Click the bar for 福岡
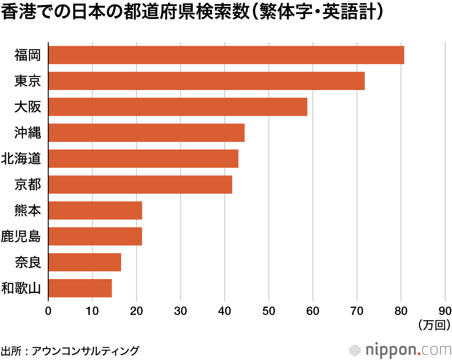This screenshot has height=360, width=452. pyautogui.click(x=226, y=55)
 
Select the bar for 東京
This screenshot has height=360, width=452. pyautogui.click(x=206, y=81)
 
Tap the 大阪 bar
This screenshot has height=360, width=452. pyautogui.click(x=178, y=107)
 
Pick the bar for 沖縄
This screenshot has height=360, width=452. pyautogui.click(x=146, y=133)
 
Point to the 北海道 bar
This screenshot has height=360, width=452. pyautogui.click(x=143, y=159)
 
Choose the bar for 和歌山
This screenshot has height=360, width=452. pyautogui.click(x=80, y=288)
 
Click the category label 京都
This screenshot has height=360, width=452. pyautogui.click(x=28, y=185)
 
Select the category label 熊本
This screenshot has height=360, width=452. pyautogui.click(x=28, y=210)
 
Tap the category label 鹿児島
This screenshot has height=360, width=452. pyautogui.click(x=21, y=237)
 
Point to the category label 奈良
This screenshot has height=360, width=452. pyautogui.click(x=28, y=262)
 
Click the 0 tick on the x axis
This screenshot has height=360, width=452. pyautogui.click(x=48, y=311)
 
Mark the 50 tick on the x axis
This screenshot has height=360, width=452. pyautogui.click(x=269, y=311)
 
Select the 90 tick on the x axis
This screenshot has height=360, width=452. pyautogui.click(x=445, y=311)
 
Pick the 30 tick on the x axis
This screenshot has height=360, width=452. pyautogui.click(x=181, y=311)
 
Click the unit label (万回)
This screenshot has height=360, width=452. pyautogui.click(x=434, y=324)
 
